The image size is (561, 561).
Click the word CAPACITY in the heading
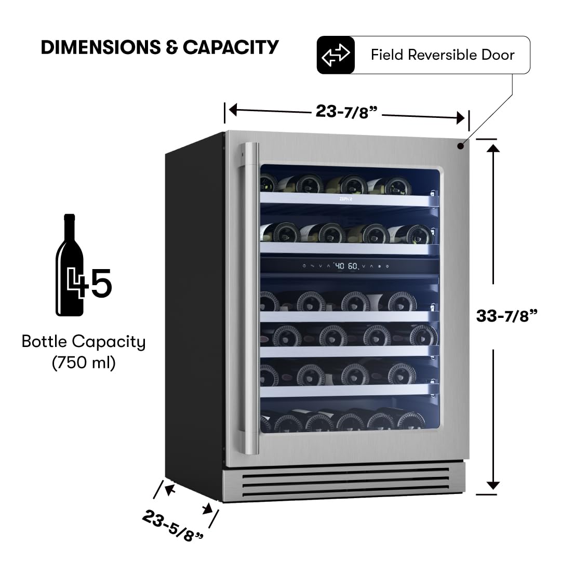coord(231,47)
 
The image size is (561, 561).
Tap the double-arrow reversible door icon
coord(336,55)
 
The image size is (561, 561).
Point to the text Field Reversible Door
coord(443,55)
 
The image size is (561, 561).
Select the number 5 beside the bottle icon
coord(100,283)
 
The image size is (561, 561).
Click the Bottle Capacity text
coord(84,342)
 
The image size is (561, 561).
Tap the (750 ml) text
coord(84,363)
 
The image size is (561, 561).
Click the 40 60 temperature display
coord(346,266)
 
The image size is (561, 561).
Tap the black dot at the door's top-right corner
coord(460,146)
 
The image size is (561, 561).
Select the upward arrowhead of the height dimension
coord(493,148)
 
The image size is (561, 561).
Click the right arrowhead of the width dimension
coord(460,118)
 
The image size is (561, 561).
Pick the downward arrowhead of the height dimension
coord(493,485)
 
